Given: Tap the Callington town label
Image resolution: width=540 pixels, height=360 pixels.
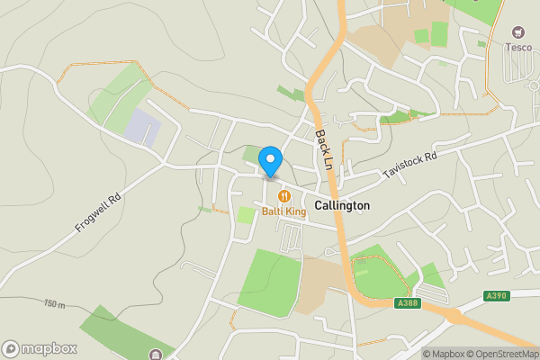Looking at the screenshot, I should pyautogui.click(x=342, y=205).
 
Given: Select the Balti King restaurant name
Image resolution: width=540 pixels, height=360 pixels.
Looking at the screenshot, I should pyautogui.click(x=284, y=211).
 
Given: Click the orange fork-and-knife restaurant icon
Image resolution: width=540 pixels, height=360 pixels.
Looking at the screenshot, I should pyautogui.click(x=284, y=196).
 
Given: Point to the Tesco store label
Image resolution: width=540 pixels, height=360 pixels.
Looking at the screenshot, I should pyautogui.click(x=518, y=48).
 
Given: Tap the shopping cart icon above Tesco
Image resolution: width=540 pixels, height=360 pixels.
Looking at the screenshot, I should pyautogui.click(x=518, y=32).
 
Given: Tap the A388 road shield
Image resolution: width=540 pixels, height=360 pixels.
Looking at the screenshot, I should pyautogui.click(x=408, y=302).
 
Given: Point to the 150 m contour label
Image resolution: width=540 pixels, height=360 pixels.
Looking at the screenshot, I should pyautogui.click(x=54, y=303).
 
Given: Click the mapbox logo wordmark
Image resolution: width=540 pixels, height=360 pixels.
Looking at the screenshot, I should pyautogui.click(x=40, y=348).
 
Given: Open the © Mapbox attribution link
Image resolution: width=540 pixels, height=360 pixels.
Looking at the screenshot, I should pyautogui.click(x=445, y=353).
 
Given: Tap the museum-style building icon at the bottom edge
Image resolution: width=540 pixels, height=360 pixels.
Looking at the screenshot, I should pyautogui.click(x=157, y=354).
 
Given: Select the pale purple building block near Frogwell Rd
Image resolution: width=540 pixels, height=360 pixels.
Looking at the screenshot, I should pyautogui.click(x=142, y=129).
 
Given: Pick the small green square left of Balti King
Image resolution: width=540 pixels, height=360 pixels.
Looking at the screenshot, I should pyautogui.click(x=246, y=215).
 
